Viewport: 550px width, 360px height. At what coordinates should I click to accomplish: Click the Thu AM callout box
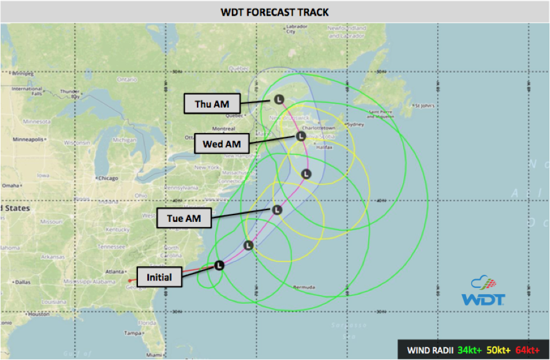pos(211,104)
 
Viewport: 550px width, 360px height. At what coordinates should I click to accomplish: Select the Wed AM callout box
pos(221,145)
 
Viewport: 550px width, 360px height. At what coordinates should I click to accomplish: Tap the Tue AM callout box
pos(184,218)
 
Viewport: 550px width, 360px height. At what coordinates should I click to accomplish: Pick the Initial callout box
pos(159,277)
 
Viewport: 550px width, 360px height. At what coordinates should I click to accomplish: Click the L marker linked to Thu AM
pos(279,99)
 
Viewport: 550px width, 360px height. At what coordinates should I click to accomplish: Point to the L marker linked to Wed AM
pos(300,136)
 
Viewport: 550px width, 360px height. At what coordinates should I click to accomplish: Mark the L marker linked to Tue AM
pos(278,210)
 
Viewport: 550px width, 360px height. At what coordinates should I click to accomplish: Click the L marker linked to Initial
pos(219,265)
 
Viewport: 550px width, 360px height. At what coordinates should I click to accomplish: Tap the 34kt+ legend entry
pos(470,349)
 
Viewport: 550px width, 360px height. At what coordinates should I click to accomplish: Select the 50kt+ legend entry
pos(499,349)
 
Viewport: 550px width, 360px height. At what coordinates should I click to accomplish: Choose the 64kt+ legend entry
pos(528,349)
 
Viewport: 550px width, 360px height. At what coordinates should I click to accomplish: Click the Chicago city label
pos(108,178)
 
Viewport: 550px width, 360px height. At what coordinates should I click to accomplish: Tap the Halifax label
pos(324,148)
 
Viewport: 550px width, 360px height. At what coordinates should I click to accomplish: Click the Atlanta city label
pos(114,271)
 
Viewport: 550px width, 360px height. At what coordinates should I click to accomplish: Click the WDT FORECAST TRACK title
pos(275,12)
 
